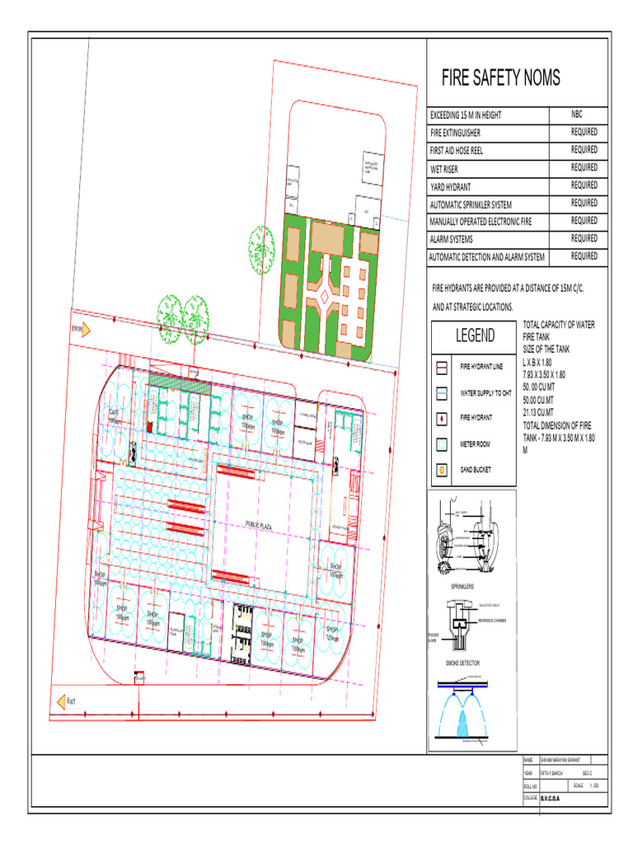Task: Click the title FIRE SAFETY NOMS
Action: click(x=500, y=78)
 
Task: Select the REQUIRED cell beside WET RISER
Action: click(x=584, y=167)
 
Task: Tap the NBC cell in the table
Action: click(x=577, y=115)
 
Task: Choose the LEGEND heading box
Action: click(x=475, y=335)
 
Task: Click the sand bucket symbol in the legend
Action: click(x=442, y=471)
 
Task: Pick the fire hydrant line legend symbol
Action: click(x=442, y=367)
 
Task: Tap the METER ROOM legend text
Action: click(x=475, y=444)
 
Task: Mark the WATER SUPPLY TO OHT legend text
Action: click(x=486, y=393)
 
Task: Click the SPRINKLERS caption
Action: click(x=450, y=587)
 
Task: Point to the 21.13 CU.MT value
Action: click(x=538, y=411)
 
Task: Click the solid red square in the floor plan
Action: click(x=149, y=426)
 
